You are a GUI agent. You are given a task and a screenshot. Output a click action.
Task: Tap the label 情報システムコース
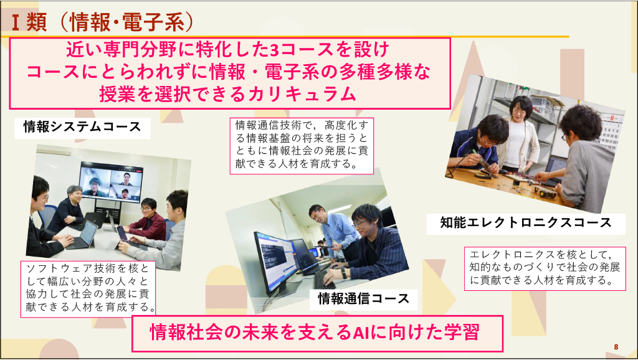[x=82, y=127]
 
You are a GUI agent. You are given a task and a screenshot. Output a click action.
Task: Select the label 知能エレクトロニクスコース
[x=526, y=223]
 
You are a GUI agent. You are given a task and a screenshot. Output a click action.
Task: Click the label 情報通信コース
[x=363, y=298]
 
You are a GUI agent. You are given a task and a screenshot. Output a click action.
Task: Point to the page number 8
[x=616, y=347]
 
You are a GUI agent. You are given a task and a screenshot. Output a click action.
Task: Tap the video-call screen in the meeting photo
[x=110, y=182]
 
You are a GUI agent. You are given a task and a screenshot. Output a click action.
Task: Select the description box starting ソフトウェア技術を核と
[x=88, y=288]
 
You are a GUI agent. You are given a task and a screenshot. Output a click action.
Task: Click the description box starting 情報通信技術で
[x=302, y=146]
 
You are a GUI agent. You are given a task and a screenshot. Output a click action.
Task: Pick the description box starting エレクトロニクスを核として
[x=545, y=268]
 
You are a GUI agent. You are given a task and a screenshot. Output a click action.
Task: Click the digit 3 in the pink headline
[x=274, y=50]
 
